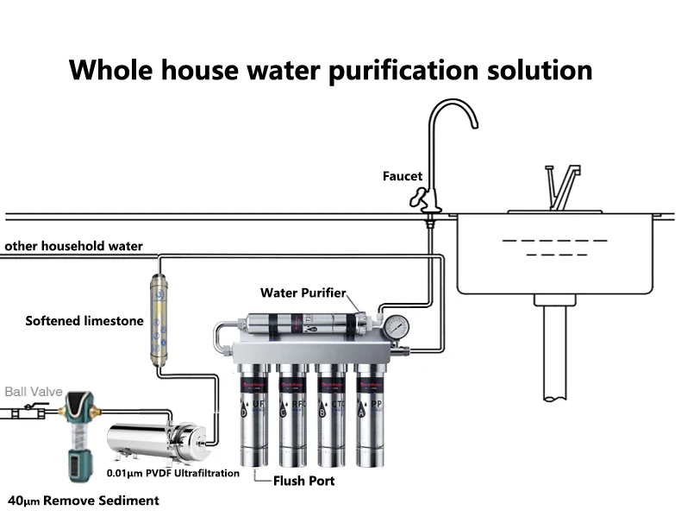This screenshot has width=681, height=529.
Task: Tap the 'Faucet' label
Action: (403, 176)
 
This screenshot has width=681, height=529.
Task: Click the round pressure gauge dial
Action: (396, 326)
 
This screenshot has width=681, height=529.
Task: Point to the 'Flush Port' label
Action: (303, 481)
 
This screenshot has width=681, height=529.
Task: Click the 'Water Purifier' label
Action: (304, 293)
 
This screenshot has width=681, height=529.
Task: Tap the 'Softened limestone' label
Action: (84, 321)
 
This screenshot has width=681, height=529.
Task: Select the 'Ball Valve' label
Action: (34, 392)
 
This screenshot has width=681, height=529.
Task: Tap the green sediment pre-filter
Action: (77, 431)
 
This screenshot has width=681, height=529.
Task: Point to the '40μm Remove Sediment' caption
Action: (83, 501)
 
